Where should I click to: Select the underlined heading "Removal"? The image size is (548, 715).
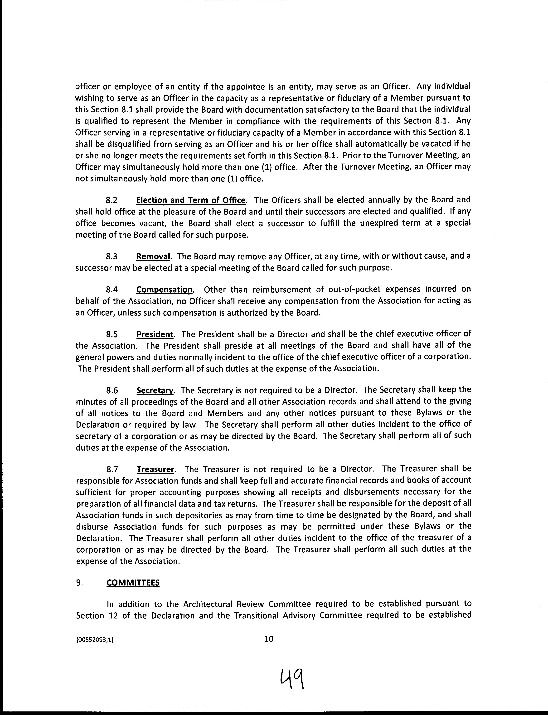(153, 256)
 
